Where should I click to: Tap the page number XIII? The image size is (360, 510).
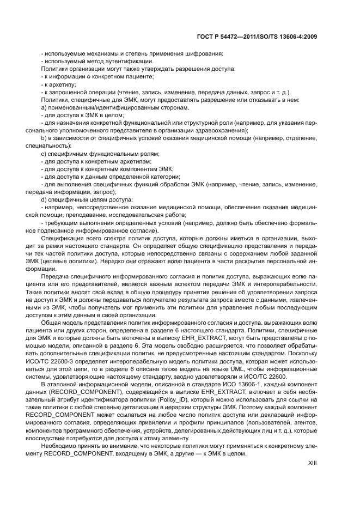(x=313, y=462)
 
